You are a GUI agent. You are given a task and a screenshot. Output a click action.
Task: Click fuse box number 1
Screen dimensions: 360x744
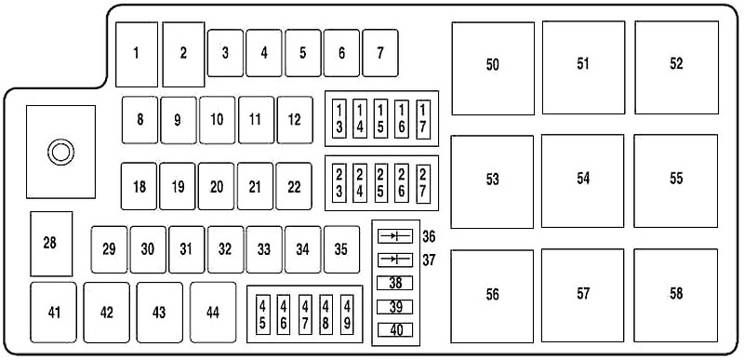tap(138, 52)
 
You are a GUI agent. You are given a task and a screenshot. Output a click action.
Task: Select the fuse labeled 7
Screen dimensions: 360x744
tap(379, 52)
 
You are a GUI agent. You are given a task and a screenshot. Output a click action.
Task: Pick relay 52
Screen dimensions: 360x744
tap(676, 64)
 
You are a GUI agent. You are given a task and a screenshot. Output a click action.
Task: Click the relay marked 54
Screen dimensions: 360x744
tap(583, 180)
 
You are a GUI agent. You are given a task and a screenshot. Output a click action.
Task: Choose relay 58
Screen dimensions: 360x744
tap(676, 294)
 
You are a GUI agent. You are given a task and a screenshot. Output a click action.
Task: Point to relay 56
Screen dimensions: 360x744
tap(492, 294)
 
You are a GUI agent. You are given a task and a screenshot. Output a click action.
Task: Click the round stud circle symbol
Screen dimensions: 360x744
tap(61, 152)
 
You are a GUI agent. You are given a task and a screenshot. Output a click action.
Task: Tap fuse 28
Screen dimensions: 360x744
tap(49, 243)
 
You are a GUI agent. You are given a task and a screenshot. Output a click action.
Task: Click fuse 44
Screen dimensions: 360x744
tap(213, 313)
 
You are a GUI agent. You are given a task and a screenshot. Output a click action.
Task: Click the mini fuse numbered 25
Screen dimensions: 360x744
tap(381, 181)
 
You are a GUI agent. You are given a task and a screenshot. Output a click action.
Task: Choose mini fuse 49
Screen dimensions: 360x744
tap(347, 313)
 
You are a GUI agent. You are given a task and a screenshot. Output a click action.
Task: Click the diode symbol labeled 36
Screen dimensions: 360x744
tap(394, 237)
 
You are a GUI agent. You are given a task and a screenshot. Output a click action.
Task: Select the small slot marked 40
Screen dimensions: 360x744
tap(394, 328)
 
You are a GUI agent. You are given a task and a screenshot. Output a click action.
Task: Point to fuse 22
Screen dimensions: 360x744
tap(294, 187)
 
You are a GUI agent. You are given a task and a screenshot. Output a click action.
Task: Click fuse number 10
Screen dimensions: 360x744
tap(217, 120)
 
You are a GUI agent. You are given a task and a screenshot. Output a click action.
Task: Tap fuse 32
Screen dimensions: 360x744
tap(225, 248)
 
